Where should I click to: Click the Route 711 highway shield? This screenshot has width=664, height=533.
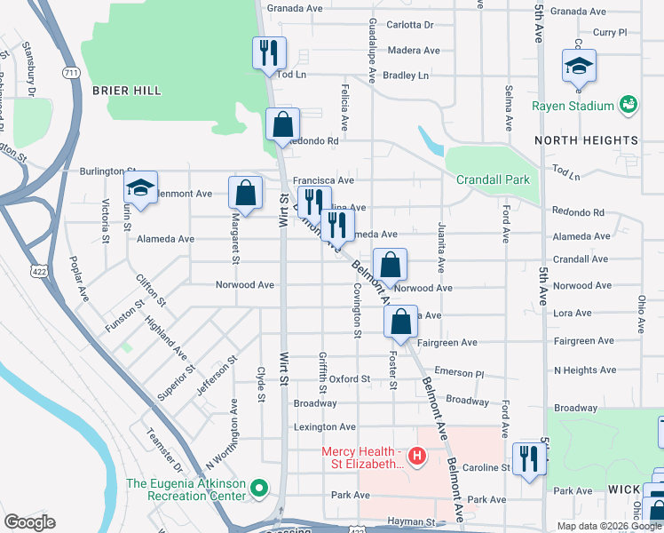pyautogui.click(x=71, y=70)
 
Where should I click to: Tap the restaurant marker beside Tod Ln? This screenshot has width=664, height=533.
pyautogui.click(x=267, y=52)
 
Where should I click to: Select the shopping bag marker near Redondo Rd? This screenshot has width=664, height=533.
pyautogui.click(x=281, y=125)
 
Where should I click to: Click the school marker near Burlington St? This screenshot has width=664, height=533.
pyautogui.click(x=140, y=187)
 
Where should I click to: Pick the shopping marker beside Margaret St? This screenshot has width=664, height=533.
pyautogui.click(x=245, y=193)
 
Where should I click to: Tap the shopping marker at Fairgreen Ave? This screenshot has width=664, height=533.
pyautogui.click(x=401, y=322)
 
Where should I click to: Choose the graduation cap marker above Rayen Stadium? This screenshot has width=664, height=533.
pyautogui.click(x=579, y=67)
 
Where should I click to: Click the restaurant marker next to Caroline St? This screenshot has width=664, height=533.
pyautogui.click(x=529, y=459)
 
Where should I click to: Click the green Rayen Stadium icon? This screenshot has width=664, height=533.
pyautogui.click(x=628, y=105)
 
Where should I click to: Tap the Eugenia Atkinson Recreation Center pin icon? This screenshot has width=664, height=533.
pyautogui.click(x=259, y=488)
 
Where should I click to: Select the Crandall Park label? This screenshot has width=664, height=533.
pyautogui.click(x=493, y=179)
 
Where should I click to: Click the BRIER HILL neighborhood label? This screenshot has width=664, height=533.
pyautogui.click(x=126, y=91)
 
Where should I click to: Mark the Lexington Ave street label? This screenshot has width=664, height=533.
pyautogui.click(x=325, y=427)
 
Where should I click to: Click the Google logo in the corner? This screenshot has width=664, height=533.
pyautogui.click(x=30, y=522)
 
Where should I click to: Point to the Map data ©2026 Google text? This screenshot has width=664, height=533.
pyautogui.click(x=608, y=525)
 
